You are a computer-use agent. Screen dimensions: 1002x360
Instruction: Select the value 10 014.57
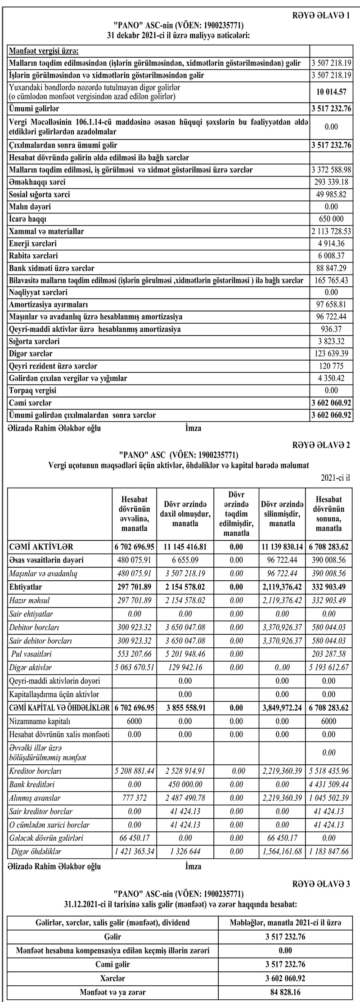coord(331,92)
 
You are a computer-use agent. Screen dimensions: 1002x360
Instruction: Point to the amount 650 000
coord(331,219)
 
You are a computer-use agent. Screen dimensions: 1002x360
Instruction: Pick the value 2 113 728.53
coord(331,231)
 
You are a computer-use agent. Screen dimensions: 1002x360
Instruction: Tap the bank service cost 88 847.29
coord(331,268)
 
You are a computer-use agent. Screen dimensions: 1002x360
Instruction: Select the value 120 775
coord(331,366)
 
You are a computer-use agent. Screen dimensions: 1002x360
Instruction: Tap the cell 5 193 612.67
coord(329,668)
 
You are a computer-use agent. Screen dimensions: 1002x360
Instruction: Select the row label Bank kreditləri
coord(32,785)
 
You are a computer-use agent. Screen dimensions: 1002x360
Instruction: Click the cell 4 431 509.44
coord(329,785)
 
